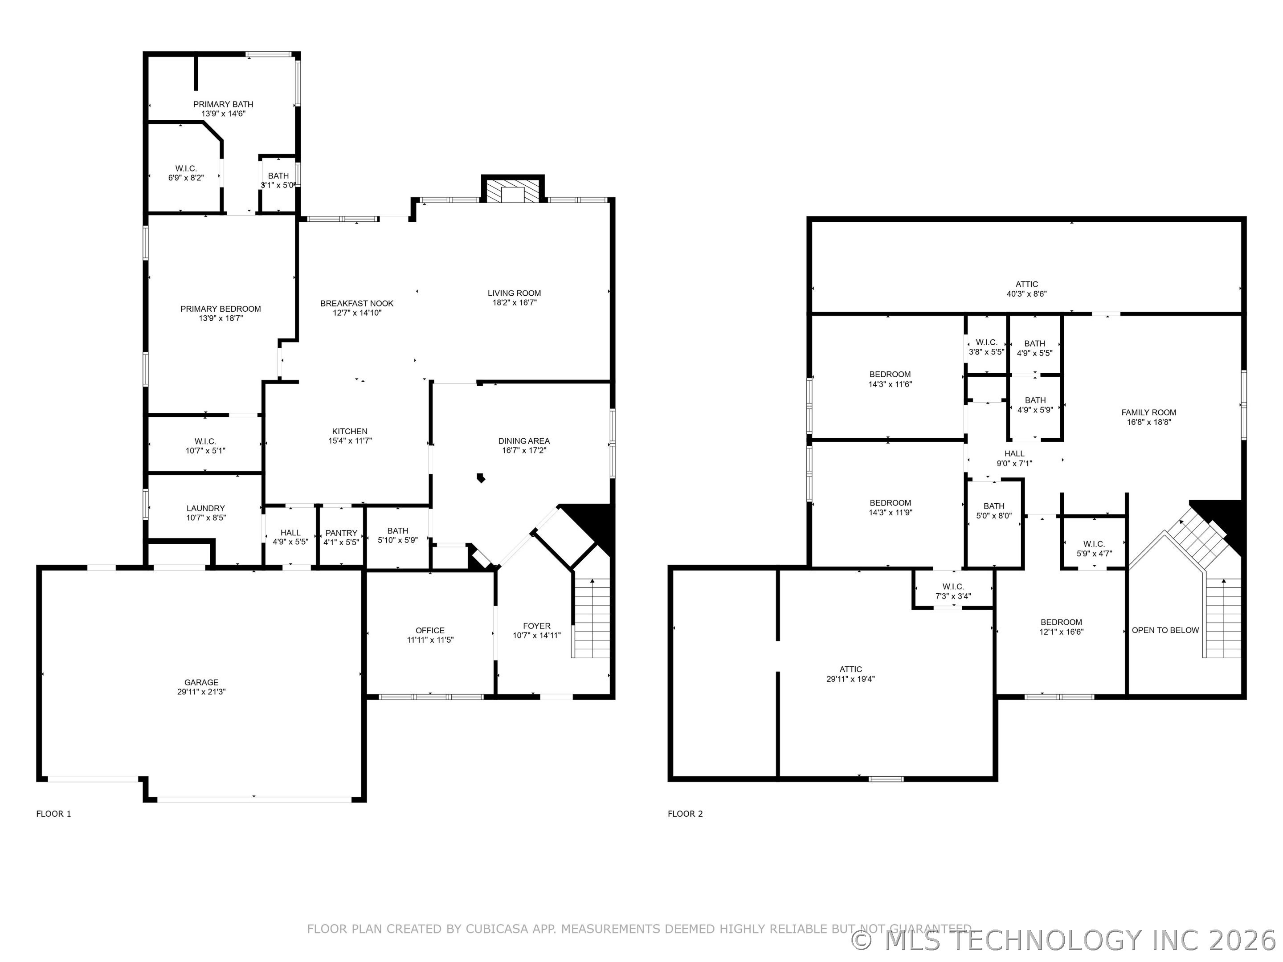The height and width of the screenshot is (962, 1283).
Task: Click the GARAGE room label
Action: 201,682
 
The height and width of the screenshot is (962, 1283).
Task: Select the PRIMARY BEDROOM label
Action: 221,309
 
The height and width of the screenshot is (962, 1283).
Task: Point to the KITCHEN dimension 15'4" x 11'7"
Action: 350,441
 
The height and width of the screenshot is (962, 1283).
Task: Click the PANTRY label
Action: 341,533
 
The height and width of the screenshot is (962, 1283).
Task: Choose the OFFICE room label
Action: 430,630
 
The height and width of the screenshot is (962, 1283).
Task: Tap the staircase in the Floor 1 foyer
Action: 591,618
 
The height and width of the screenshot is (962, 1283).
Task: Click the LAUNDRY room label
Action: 205,509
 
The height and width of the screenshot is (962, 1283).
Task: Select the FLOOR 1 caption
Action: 53,814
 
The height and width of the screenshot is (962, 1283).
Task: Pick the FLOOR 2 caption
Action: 685,814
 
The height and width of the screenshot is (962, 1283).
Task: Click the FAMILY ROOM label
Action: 1148,413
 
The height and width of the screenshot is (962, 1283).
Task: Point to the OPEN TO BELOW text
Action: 1165,630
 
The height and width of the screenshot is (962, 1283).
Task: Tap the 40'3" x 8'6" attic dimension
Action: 1027,294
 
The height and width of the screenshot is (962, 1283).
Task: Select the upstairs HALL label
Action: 1014,454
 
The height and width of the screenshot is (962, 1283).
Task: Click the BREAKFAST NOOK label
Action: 357,303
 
